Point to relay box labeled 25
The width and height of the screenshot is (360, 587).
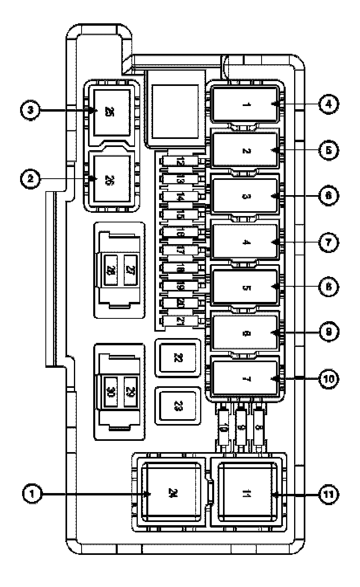tap(112, 112)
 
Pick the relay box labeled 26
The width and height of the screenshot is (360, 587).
tap(112, 179)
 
